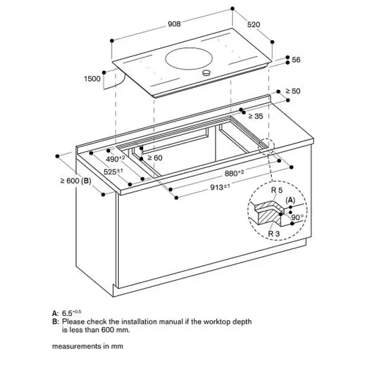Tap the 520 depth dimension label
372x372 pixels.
[254, 24]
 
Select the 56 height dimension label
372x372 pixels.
[296, 60]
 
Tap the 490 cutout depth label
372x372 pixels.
[116, 158]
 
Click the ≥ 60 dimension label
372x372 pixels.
[155, 158]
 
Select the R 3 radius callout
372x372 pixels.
[275, 234]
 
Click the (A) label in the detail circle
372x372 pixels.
[290, 200]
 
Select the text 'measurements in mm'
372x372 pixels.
[87, 346]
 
